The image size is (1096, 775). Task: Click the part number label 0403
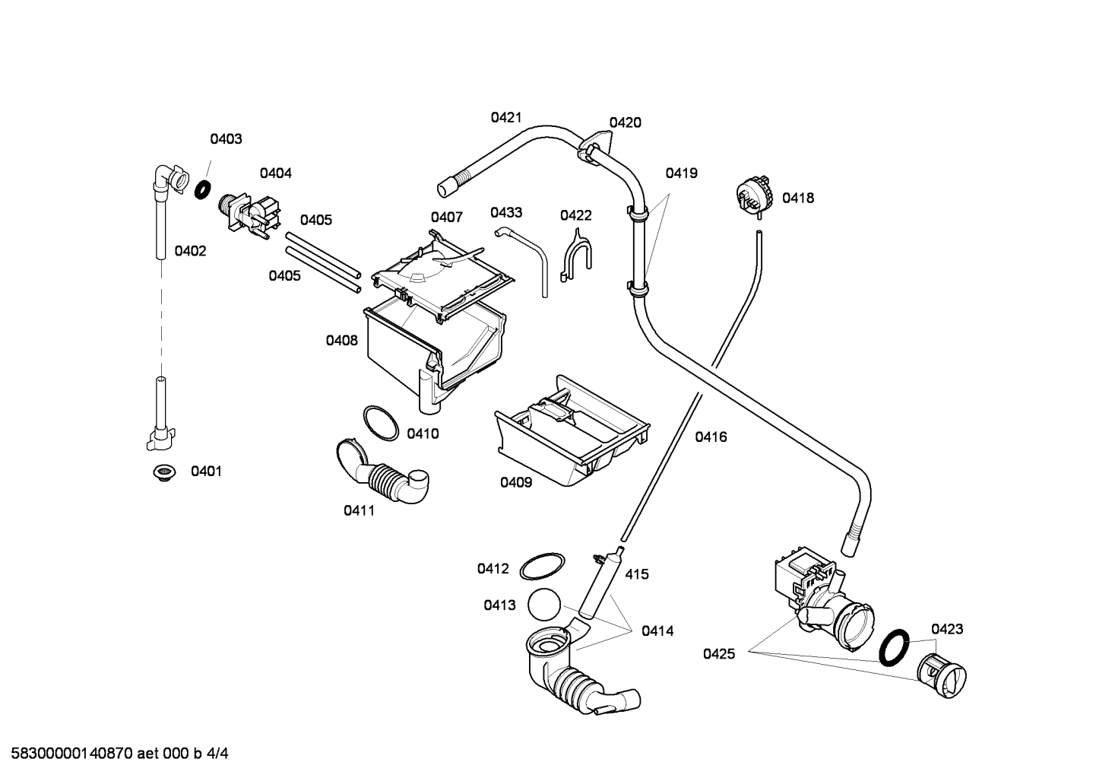pyautogui.click(x=226, y=139)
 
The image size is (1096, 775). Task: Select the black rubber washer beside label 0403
pyautogui.click(x=203, y=189)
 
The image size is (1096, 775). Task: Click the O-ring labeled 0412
pyautogui.click(x=542, y=567)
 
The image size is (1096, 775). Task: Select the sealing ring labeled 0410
pyautogui.click(x=381, y=423)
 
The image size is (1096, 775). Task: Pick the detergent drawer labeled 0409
pyautogui.click(x=572, y=430)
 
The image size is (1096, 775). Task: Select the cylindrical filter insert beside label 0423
pyautogui.click(x=941, y=676)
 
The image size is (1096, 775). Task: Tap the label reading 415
pyautogui.click(x=637, y=574)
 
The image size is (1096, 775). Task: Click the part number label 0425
pyautogui.click(x=719, y=654)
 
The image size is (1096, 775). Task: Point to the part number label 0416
pyautogui.click(x=711, y=437)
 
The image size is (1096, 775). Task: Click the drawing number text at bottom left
pyautogui.click(x=119, y=754)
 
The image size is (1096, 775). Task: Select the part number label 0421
pyautogui.click(x=506, y=117)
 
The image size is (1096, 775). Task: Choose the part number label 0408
pyautogui.click(x=342, y=340)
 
